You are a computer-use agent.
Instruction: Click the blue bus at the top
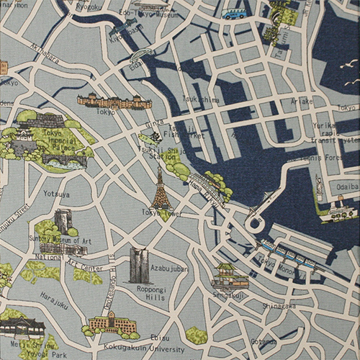pos(234,14)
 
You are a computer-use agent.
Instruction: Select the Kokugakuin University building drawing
pos(112,323)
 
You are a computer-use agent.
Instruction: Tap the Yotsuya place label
pos(56,194)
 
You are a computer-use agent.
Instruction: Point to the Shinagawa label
pos(278,305)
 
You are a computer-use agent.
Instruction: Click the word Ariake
pos(302,102)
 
